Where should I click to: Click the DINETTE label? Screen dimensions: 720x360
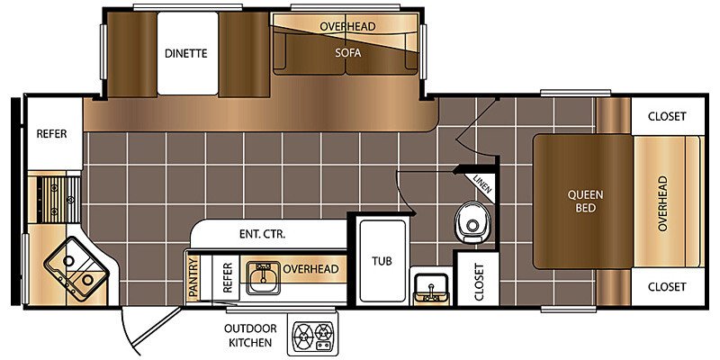[186, 53]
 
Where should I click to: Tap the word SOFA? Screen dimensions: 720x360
[347, 53]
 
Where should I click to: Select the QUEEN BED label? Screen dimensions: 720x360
[586, 201]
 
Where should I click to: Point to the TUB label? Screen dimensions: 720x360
[382, 261]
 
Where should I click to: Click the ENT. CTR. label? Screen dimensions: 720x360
[262, 234]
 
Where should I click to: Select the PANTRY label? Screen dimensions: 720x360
[193, 278]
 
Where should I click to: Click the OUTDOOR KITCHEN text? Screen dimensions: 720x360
[250, 335]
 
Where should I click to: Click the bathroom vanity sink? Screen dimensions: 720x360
[430, 287]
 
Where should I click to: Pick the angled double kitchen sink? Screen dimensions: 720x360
[76, 268]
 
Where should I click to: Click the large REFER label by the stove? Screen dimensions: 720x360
[51, 133]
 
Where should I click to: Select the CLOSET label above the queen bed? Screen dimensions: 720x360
[667, 116]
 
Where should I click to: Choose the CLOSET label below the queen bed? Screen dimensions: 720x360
[667, 287]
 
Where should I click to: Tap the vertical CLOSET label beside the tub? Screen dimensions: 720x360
[479, 282]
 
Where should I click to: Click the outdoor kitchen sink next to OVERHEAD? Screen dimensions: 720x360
[263, 277]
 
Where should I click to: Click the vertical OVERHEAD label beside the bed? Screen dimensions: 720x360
[662, 203]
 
